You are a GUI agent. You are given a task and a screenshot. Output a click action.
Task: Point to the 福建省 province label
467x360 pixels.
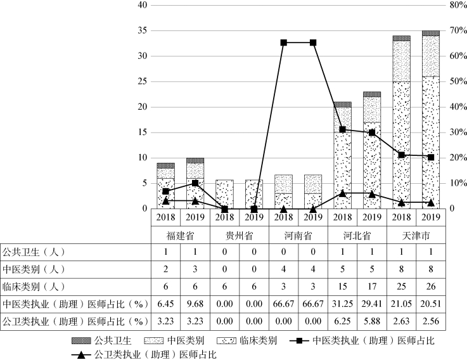click(180, 235)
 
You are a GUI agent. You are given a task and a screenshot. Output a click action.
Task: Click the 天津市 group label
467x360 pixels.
click(416, 235)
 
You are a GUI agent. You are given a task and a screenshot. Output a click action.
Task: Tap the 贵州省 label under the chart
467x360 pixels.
click(239, 235)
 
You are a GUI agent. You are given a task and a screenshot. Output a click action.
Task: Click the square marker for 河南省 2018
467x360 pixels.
click(283, 42)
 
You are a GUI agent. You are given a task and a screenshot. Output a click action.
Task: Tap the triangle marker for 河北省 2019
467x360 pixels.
click(371, 193)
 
